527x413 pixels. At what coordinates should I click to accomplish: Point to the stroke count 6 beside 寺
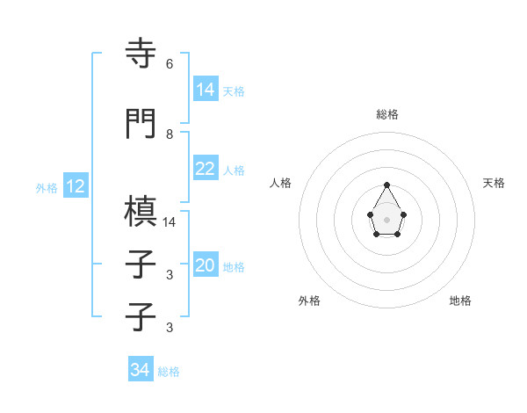170,64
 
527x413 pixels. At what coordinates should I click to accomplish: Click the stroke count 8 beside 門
170,134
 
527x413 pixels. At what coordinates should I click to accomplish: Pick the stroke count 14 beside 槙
170,222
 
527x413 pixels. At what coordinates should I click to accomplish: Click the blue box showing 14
206,90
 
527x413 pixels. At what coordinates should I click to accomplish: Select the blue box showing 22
206,169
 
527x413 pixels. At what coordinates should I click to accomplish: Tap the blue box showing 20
206,265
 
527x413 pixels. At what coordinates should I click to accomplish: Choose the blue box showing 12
76,186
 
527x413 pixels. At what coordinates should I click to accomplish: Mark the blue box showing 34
141,370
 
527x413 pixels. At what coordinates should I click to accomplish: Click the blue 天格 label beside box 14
234,91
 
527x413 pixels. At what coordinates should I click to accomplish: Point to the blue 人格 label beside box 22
234,170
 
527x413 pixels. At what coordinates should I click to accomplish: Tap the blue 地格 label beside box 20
234,266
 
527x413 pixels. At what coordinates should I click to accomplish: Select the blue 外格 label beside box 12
47,187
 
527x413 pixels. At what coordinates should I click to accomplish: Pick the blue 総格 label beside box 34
169,371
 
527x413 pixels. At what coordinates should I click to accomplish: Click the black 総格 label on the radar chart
386,114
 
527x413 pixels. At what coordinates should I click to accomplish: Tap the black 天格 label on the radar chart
494,183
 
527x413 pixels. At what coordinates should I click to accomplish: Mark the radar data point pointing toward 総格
386,185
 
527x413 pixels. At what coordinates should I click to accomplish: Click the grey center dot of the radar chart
386,219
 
